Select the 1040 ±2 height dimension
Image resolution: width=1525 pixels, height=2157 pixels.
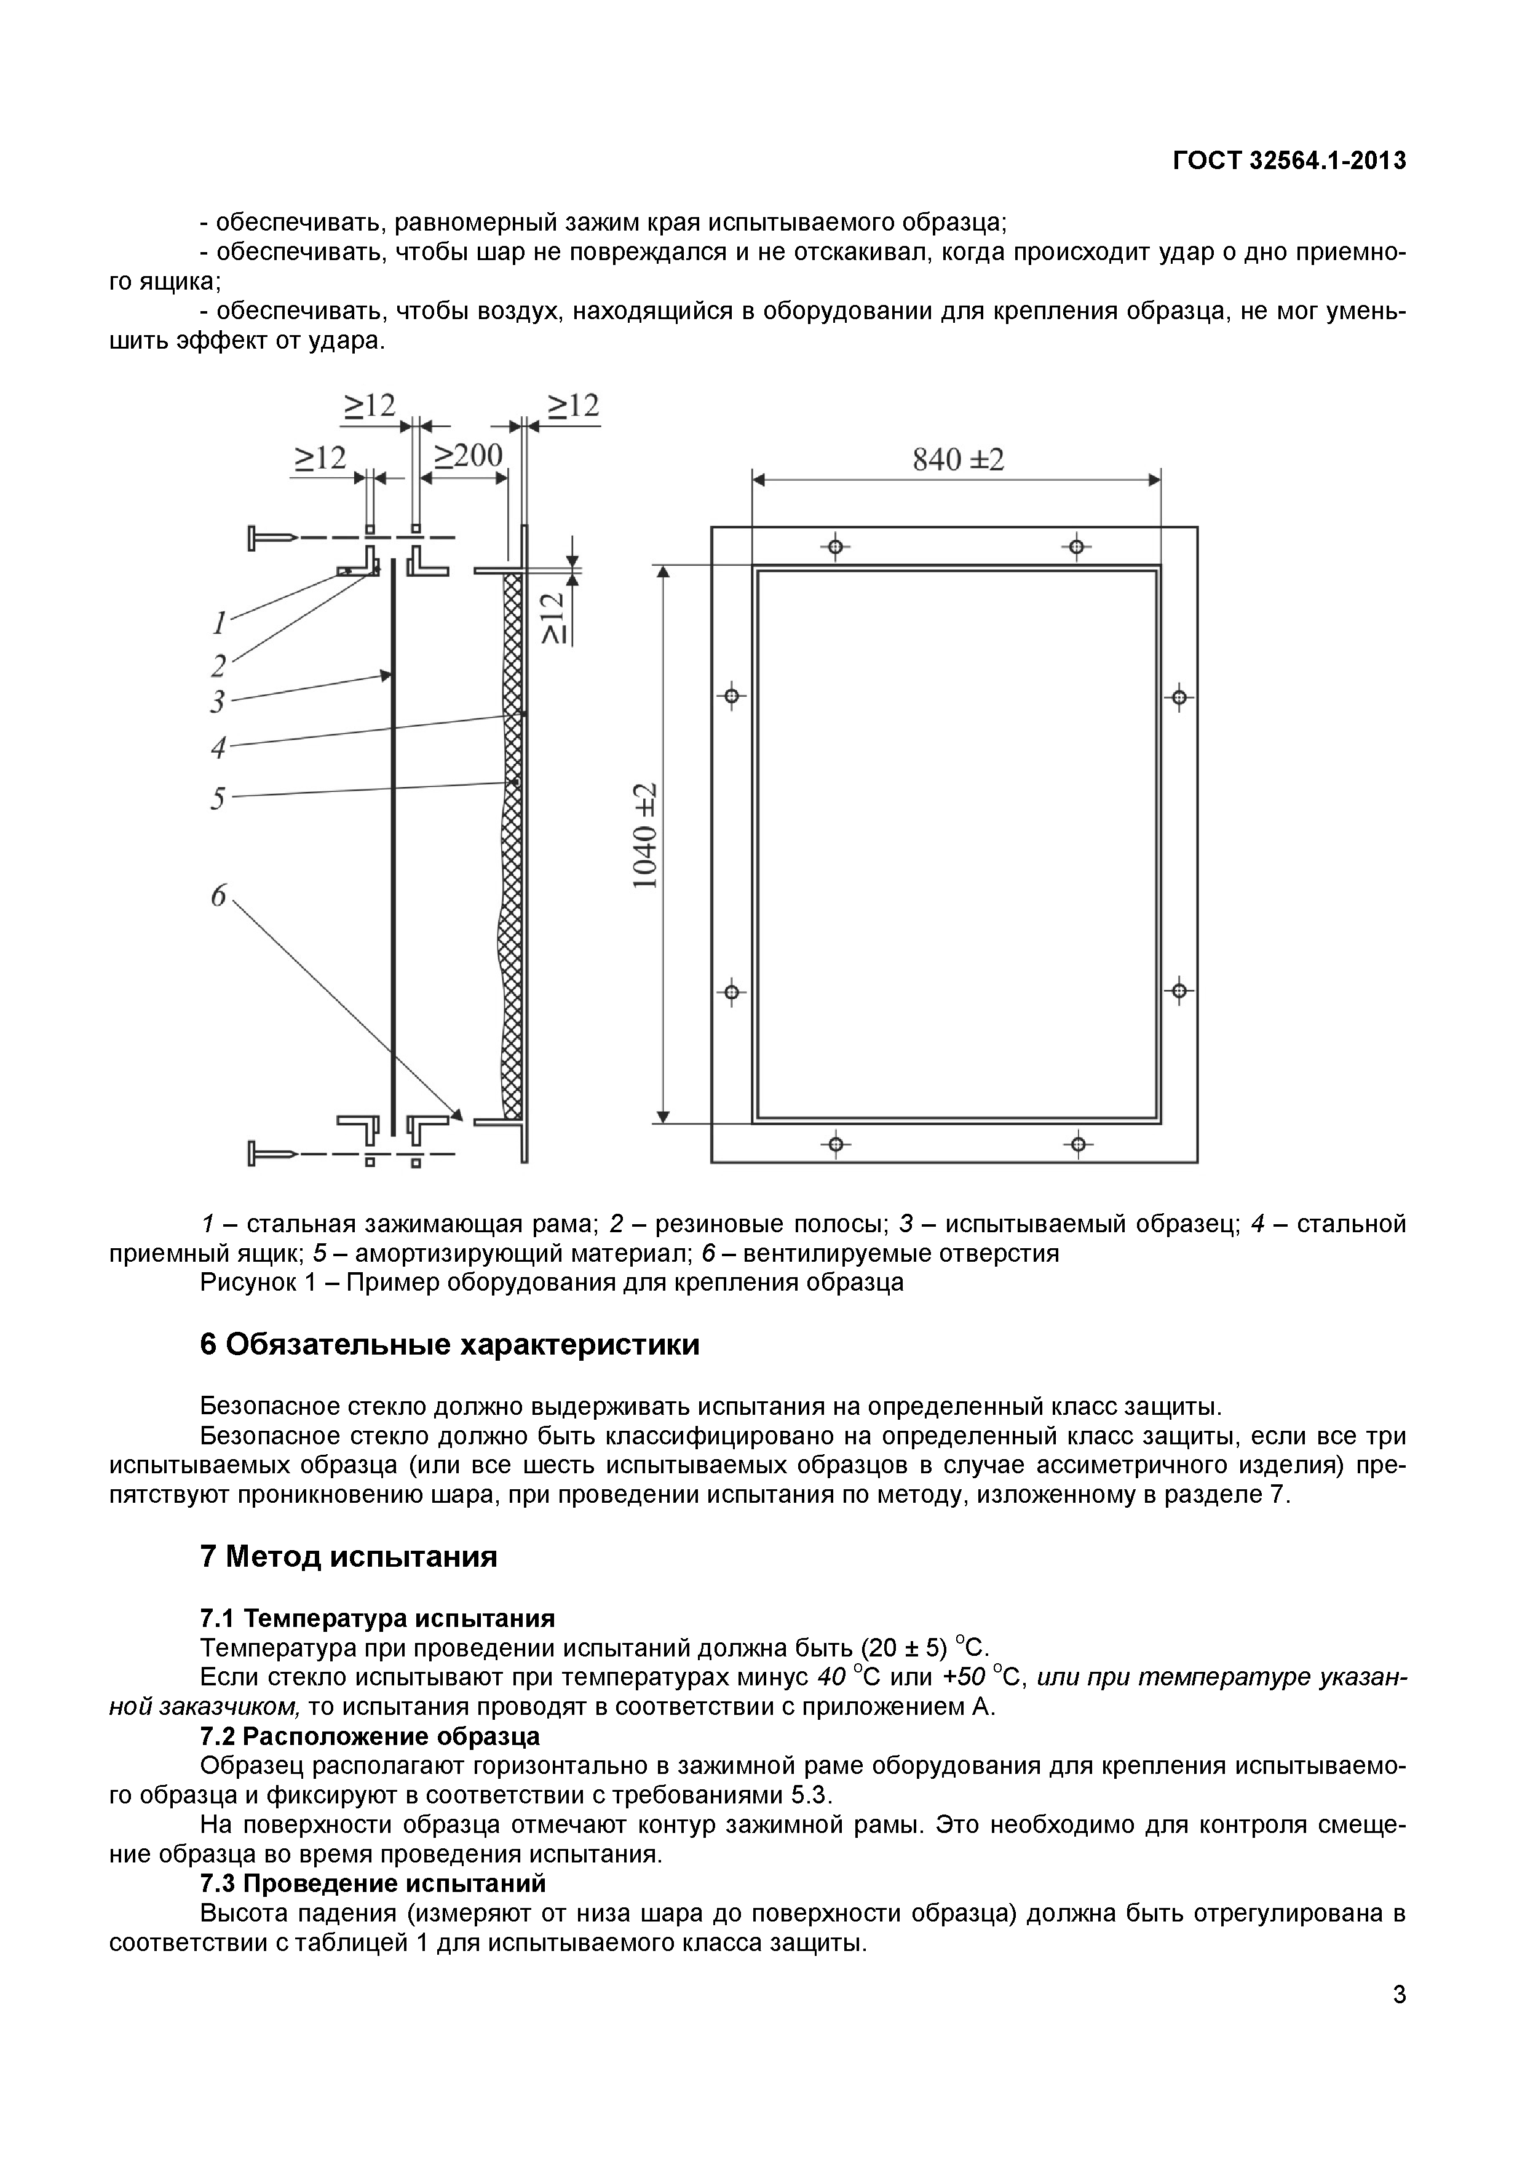pos(644,837)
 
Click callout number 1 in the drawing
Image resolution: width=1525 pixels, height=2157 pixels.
pos(218,621)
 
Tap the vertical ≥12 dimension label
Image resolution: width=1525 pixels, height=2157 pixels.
pos(555,617)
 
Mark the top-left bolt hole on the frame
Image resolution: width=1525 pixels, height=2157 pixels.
pos(835,547)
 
